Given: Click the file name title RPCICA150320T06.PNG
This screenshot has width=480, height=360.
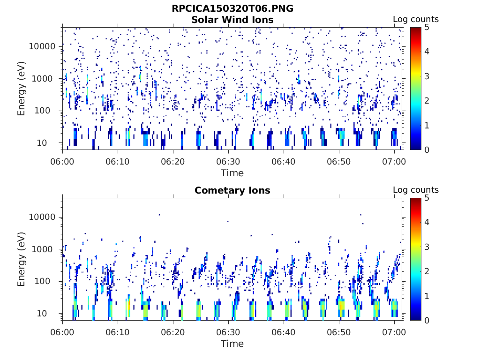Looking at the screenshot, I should click(x=232, y=8).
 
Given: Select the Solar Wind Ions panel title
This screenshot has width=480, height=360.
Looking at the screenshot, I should click(x=232, y=20).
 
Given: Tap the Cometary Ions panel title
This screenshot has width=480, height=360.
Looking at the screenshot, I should click(x=232, y=190).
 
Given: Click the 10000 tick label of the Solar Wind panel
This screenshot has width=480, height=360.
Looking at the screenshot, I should click(x=42, y=46).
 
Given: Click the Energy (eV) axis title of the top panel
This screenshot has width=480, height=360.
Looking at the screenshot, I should click(x=22, y=89).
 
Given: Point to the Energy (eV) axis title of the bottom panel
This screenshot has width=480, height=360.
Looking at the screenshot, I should click(x=22, y=259).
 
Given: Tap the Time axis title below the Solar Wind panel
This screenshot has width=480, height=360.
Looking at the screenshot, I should click(x=232, y=173).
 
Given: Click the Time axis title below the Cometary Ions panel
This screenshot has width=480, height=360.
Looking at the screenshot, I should click(x=232, y=344).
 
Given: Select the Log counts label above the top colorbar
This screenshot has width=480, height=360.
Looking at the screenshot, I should click(x=415, y=19).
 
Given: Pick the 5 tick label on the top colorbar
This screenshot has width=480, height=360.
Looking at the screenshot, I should click(x=426, y=27).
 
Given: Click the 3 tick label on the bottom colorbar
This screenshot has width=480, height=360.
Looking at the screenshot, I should click(x=426, y=247).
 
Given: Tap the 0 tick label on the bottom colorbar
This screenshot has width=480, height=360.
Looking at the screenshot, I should click(x=426, y=320).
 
